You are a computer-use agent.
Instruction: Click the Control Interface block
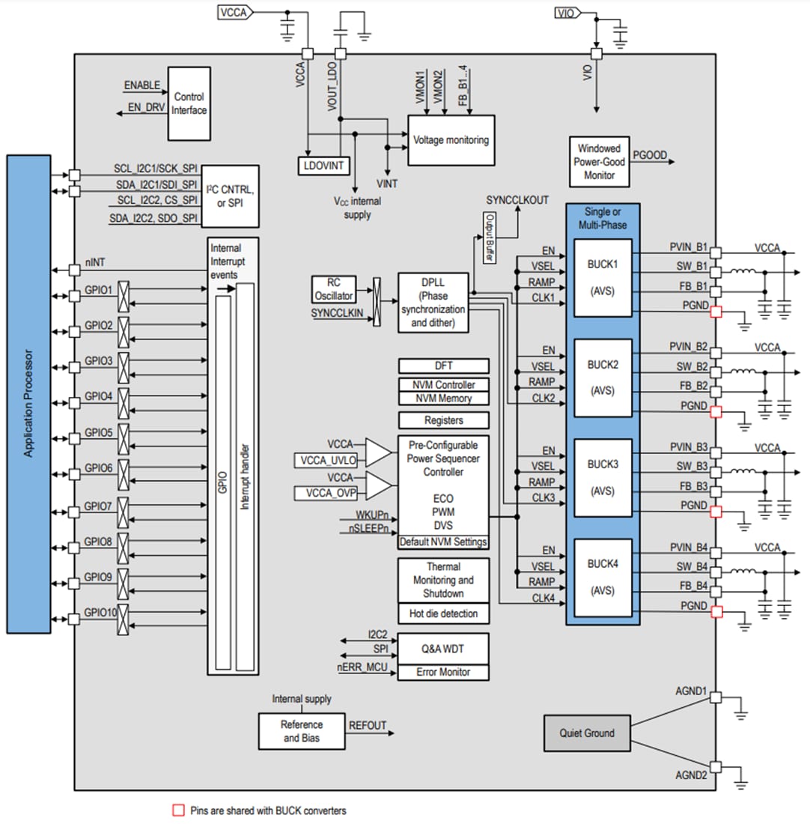[189, 103]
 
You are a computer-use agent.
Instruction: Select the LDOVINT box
[323, 165]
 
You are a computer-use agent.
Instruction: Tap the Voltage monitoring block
[451, 140]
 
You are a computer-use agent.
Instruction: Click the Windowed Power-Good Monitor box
[598, 162]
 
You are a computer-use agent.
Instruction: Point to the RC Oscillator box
[333, 289]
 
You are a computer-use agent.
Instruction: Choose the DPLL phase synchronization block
[433, 302]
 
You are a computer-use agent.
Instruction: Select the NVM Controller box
[443, 385]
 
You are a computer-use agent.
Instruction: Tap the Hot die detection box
[443, 614]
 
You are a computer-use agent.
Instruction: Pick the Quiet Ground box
[587, 733]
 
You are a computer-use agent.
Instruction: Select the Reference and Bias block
[302, 731]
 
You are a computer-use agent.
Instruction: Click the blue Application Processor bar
[28, 393]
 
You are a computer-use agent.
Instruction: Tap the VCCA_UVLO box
[327, 459]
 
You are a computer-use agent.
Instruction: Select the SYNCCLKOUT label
[517, 200]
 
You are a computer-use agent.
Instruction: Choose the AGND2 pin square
[716, 767]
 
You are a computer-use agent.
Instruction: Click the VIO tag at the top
[567, 13]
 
